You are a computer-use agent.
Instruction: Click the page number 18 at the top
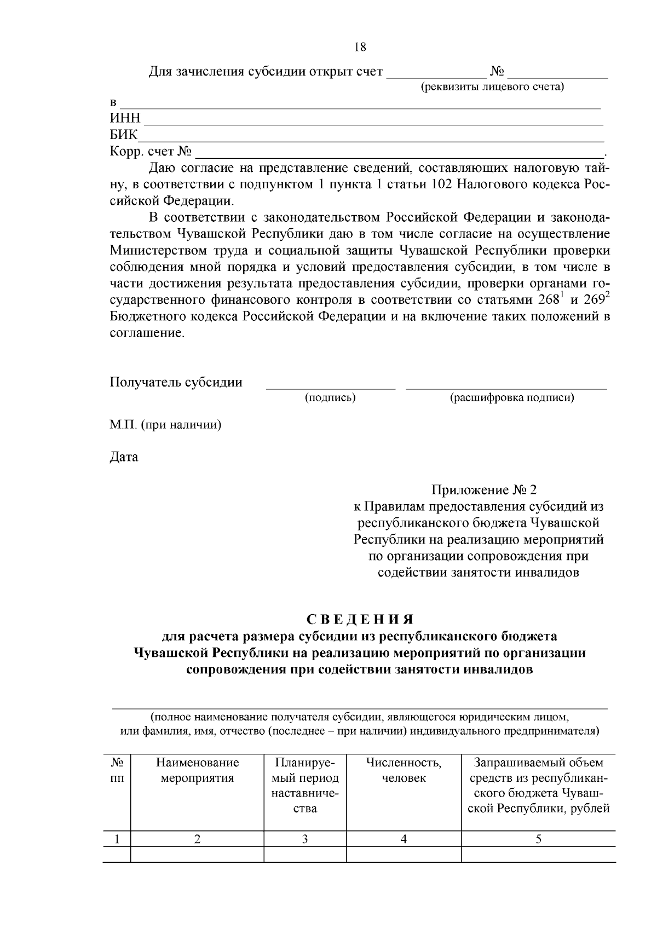click(x=360, y=47)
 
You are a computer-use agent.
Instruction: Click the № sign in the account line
click(x=497, y=72)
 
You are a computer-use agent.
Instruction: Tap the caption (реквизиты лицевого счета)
click(x=492, y=86)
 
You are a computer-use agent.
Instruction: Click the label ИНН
click(x=125, y=118)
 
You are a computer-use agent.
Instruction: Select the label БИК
click(x=124, y=135)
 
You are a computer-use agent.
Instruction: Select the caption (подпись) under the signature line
click(x=330, y=398)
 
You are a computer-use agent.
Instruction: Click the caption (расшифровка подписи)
click(x=512, y=398)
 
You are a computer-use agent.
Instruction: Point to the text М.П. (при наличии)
click(x=165, y=425)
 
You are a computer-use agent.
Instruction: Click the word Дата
click(x=124, y=457)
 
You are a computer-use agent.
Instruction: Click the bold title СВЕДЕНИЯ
click(x=360, y=619)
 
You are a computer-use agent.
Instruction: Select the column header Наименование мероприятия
click(x=197, y=770)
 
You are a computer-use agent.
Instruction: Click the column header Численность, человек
click(x=404, y=770)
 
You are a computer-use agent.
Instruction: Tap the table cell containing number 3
click(x=305, y=839)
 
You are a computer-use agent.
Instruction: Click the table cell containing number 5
click(x=538, y=839)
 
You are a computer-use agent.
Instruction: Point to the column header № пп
click(x=116, y=770)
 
